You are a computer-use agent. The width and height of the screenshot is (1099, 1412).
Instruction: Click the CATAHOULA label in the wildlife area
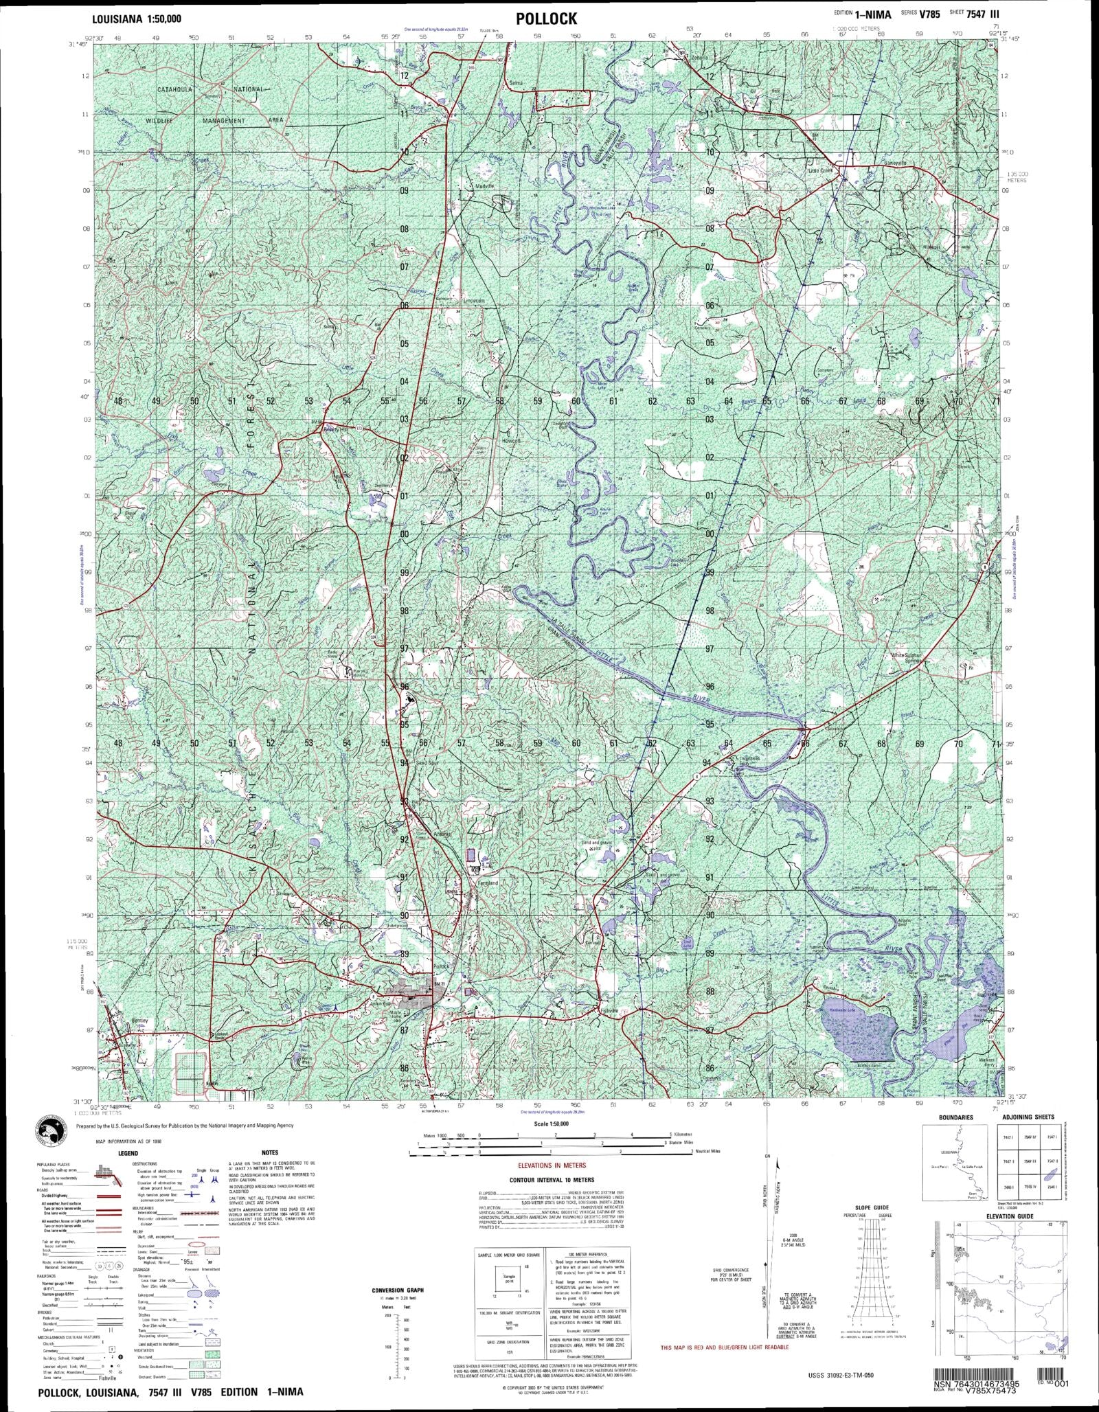coord(181,90)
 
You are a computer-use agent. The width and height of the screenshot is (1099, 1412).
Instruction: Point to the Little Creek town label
coord(819,170)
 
